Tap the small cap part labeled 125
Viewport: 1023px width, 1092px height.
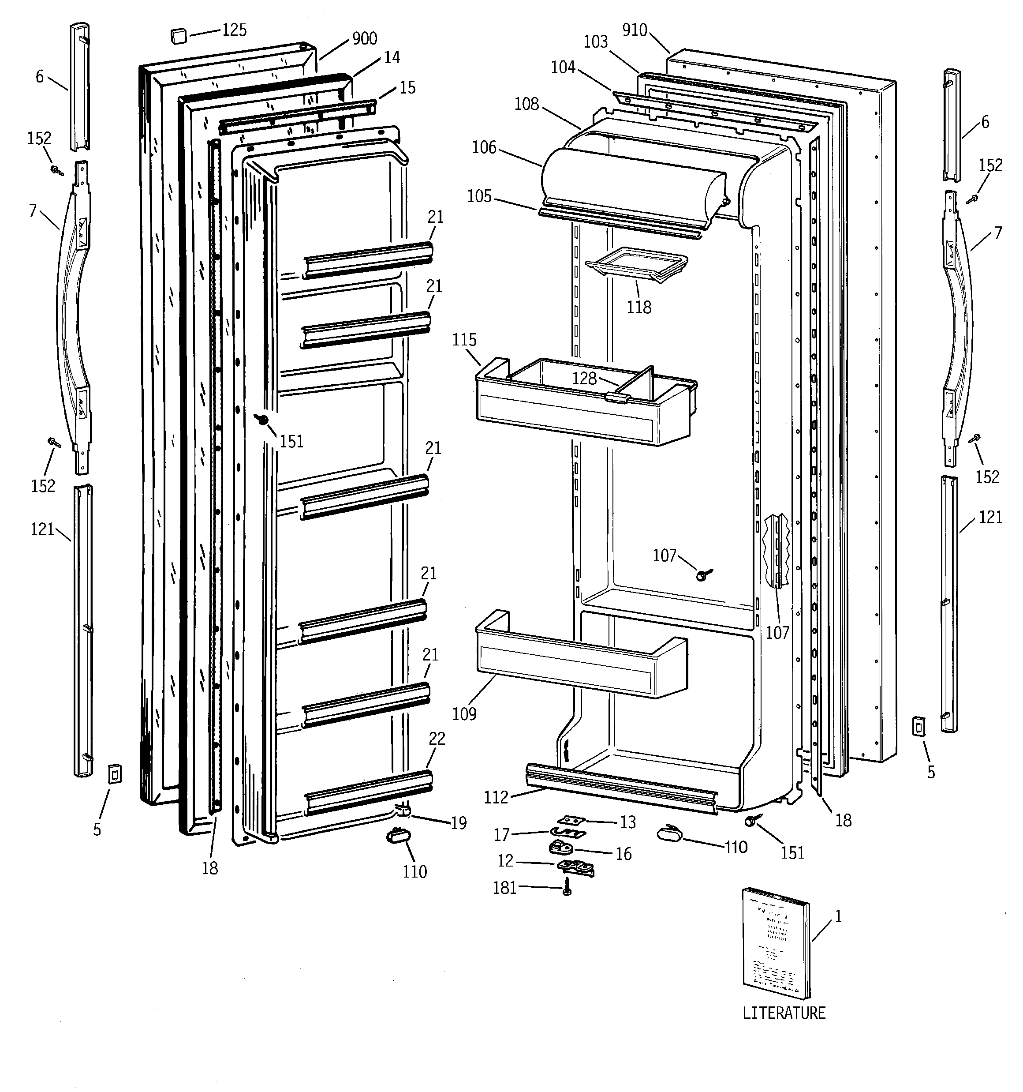tap(179, 36)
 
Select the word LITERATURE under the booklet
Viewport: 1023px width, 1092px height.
tap(784, 1013)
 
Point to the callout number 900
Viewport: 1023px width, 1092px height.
tap(364, 38)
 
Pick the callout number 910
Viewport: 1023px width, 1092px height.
tap(635, 30)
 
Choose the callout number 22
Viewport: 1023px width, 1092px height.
tap(437, 739)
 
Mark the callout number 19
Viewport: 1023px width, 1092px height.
tap(459, 823)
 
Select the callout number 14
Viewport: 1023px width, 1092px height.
tap(392, 57)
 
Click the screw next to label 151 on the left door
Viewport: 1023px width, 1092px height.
tap(262, 420)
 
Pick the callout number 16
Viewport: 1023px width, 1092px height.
tap(623, 854)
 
